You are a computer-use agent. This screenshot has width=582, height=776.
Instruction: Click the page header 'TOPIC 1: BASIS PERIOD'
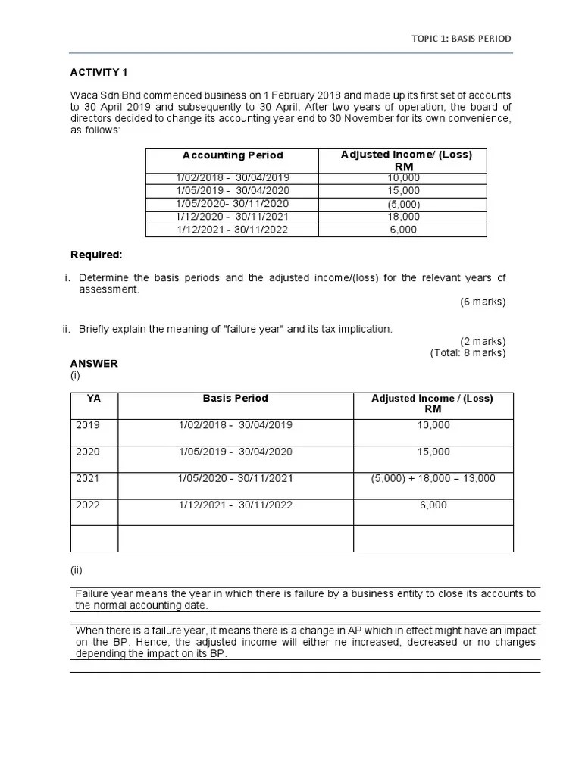coord(461,39)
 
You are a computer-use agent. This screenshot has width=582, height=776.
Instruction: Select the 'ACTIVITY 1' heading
coord(99,73)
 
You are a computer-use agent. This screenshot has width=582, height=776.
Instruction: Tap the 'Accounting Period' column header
coord(233,155)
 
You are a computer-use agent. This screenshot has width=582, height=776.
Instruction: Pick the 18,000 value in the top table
coord(402,217)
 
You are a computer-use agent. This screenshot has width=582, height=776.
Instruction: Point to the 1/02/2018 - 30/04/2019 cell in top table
coord(233,178)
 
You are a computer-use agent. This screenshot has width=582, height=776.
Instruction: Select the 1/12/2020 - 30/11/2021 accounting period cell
coord(233,217)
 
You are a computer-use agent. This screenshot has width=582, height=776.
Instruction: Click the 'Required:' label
coord(96,255)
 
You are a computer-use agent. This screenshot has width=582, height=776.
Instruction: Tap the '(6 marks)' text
coord(482,302)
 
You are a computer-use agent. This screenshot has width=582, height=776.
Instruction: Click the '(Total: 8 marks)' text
coord(468,352)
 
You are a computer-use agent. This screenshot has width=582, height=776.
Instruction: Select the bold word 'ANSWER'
coord(94,364)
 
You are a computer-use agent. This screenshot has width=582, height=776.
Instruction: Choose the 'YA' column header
coord(94,399)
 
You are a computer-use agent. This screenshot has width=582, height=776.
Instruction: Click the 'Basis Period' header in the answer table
coord(235,399)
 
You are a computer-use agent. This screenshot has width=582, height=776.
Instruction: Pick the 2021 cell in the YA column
coord(88,478)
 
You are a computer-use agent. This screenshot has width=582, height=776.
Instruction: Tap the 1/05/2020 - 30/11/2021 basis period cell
coord(235,478)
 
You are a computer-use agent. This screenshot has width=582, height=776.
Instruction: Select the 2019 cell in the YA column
coord(88,425)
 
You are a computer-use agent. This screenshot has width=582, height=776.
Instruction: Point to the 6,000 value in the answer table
coord(433,505)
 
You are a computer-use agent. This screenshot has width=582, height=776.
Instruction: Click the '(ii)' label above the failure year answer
coord(77,570)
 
